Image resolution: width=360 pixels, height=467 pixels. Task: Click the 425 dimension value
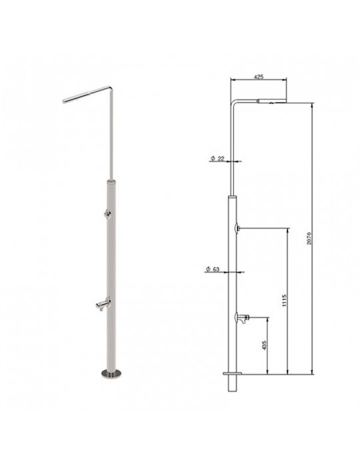pos(259,77)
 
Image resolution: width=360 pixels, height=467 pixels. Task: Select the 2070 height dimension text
pos(309,238)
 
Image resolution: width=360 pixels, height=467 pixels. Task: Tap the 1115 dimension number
pos(284,300)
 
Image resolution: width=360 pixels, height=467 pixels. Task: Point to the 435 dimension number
pos(265,345)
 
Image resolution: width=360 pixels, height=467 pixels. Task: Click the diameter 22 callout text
pos(217,159)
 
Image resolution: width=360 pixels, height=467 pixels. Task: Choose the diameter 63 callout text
pos(213,269)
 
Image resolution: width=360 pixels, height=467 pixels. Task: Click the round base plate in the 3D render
pos(111,373)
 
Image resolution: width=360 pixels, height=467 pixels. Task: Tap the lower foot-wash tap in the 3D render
pos(103,304)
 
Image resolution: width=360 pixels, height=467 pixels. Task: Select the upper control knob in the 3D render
pos(107,213)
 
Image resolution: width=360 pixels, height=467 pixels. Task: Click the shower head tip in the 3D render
pos(64,101)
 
